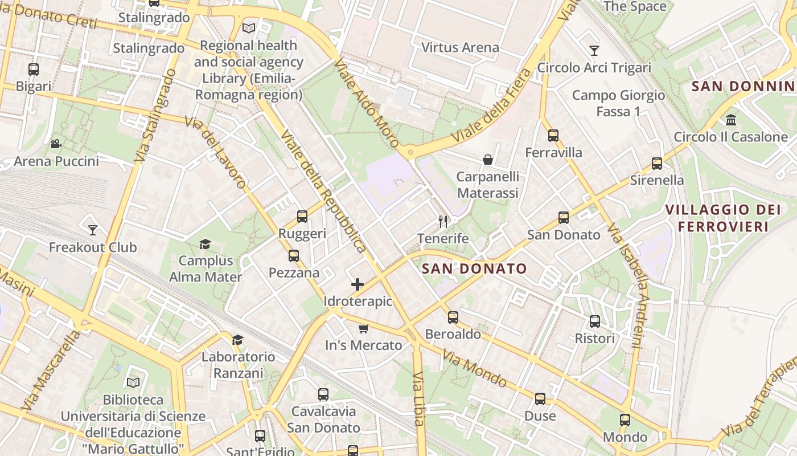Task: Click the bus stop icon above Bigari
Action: (x=34, y=70)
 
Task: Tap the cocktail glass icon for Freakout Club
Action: (x=93, y=230)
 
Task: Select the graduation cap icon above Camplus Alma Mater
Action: (x=205, y=244)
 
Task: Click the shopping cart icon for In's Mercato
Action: (x=364, y=328)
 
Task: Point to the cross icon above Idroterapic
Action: (x=358, y=284)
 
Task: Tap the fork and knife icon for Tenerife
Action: (x=443, y=221)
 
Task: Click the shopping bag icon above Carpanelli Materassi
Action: (x=488, y=160)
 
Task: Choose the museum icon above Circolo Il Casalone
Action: (x=731, y=120)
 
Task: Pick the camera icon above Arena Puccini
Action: (x=56, y=144)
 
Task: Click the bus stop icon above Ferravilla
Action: (x=553, y=136)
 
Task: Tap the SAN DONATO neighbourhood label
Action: (x=475, y=268)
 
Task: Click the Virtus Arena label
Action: (x=460, y=47)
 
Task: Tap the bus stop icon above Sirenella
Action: (x=657, y=164)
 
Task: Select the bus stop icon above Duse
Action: (x=540, y=399)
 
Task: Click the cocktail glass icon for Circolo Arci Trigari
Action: (x=594, y=51)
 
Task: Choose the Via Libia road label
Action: (x=418, y=399)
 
